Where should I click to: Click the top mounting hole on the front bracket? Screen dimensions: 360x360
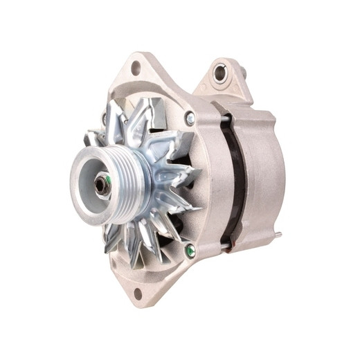135,67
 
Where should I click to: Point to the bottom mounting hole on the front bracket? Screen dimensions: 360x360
138,293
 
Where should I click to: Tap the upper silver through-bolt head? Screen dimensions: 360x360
190,119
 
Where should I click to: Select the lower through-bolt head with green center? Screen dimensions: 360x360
190,251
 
